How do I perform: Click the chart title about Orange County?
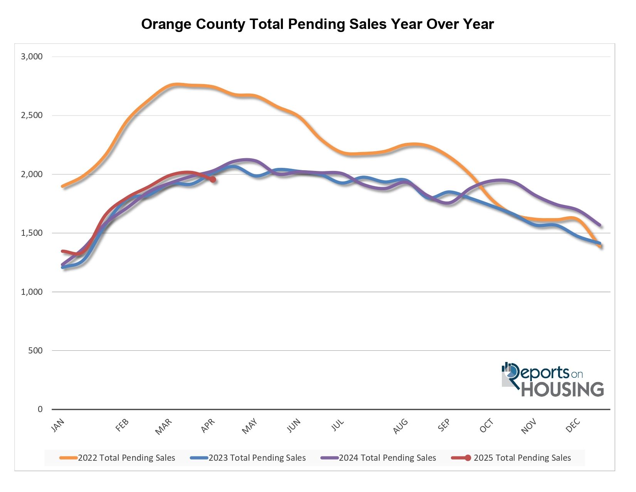click(x=317, y=24)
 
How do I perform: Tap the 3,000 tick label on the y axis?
click(x=32, y=57)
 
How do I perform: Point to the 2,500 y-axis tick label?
click(x=32, y=115)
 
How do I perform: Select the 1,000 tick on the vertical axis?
click(x=32, y=292)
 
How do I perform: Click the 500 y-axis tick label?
click(x=36, y=351)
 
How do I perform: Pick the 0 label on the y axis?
click(x=40, y=409)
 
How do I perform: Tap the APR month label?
click(x=208, y=426)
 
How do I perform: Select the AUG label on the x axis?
click(x=400, y=426)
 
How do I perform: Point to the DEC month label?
click(x=573, y=426)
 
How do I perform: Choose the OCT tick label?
click(x=486, y=426)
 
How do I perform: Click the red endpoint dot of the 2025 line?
click(x=213, y=179)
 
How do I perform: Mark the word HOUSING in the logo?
click(x=562, y=389)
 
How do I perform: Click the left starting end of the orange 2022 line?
click(x=62, y=186)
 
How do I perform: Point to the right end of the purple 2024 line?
click(x=599, y=225)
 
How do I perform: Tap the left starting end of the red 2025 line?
click(x=62, y=251)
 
